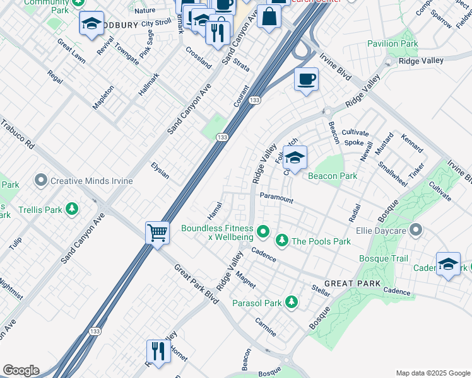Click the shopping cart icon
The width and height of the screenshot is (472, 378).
coord(157,232)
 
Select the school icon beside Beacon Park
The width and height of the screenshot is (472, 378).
coord(295,157)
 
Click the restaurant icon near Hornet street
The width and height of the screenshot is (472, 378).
coord(158,352)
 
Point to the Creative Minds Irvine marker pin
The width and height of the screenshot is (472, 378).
coord(42,181)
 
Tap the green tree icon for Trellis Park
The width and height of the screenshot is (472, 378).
coord(73,209)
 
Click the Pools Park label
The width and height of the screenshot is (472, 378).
coord(321,241)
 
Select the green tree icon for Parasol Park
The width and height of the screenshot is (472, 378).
coord(291,303)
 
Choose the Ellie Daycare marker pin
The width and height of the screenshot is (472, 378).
coord(416,230)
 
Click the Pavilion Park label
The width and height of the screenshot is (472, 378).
coord(392,44)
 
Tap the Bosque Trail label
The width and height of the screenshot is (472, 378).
coord(384,258)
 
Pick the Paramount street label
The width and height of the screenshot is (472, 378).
coord(276,198)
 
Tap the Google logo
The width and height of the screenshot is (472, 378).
coord(20,370)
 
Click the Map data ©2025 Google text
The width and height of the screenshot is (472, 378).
coord(432,373)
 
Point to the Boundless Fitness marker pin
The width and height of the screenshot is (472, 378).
coord(264,233)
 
